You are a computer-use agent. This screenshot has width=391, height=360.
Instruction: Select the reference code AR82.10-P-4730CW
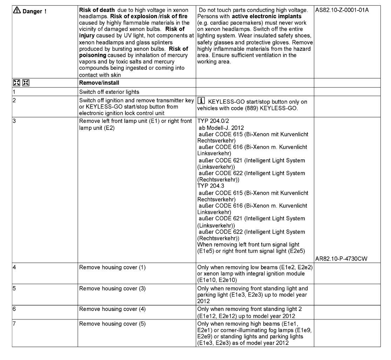[339, 259]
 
